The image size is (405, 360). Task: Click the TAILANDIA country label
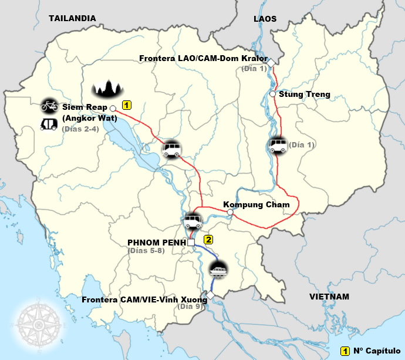click(72, 18)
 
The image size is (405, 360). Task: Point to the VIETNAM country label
click(329, 297)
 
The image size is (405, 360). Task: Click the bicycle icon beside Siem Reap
click(49, 106)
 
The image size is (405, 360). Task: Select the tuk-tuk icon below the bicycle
click(48, 125)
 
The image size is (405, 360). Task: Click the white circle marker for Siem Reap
click(113, 108)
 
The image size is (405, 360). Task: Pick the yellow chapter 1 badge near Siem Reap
click(126, 105)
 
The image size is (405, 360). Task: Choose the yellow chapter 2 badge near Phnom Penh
click(208, 240)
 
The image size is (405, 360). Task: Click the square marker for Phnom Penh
click(191, 242)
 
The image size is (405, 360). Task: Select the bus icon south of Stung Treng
click(277, 145)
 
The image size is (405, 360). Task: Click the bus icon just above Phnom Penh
click(193, 221)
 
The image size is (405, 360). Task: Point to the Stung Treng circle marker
click(273, 94)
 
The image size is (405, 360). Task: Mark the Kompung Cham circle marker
click(230, 212)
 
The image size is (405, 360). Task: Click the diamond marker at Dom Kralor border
click(272, 60)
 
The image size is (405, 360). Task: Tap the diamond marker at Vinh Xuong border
click(210, 295)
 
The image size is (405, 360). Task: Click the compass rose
click(40, 323)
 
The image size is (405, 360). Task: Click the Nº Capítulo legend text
click(376, 351)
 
